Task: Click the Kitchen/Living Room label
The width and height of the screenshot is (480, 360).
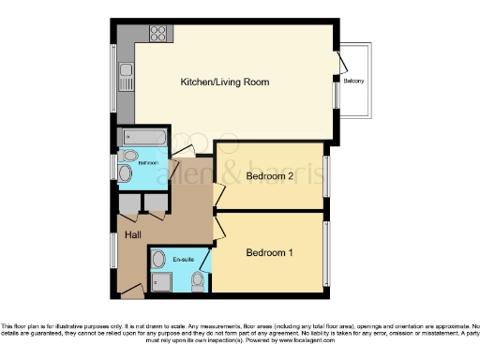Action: (225, 82)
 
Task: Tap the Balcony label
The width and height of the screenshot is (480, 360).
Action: (354, 82)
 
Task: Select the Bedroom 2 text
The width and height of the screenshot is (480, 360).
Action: (271, 175)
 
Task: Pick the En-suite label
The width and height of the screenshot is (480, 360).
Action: (181, 256)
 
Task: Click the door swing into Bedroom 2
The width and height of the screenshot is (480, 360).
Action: (218, 194)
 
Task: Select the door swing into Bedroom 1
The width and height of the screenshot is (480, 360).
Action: (218, 228)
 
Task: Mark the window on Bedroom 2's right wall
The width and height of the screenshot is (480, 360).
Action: (326, 175)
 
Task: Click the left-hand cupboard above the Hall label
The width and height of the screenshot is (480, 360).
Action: (128, 203)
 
